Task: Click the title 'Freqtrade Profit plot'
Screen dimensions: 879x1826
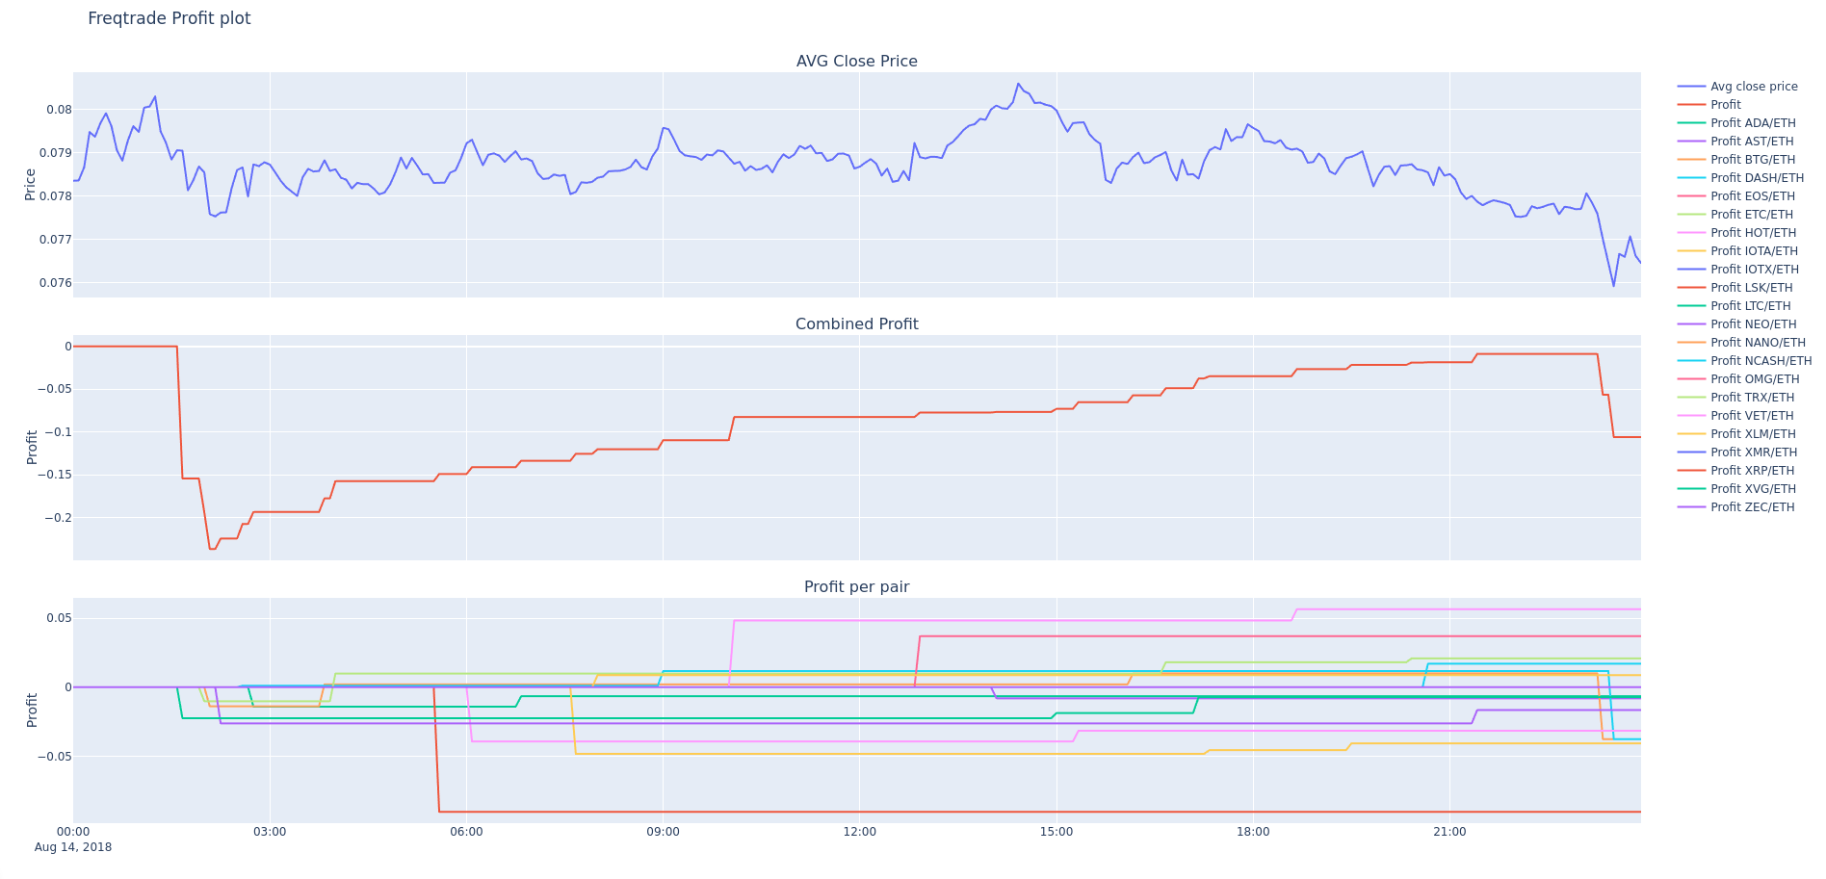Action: [169, 18]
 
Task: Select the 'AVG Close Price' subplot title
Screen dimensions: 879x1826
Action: [856, 62]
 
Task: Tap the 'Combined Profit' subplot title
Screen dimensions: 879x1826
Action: [856, 324]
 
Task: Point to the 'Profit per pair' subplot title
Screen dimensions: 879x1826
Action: [856, 587]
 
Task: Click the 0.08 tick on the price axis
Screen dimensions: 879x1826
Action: [59, 110]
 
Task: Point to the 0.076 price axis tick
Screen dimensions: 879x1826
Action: [55, 283]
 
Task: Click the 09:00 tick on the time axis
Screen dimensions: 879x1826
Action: [663, 832]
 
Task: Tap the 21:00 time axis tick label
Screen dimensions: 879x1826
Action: [1449, 832]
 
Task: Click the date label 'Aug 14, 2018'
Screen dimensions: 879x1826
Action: [73, 847]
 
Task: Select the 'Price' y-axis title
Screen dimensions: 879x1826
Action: [30, 184]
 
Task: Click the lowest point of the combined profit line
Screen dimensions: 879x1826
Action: [212, 549]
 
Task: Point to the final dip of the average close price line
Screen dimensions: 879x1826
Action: [1614, 286]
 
